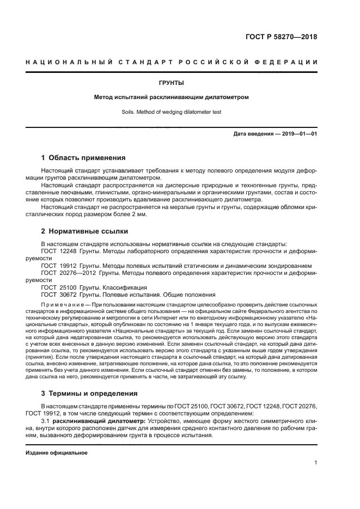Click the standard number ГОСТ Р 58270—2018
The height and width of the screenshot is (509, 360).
click(x=282, y=38)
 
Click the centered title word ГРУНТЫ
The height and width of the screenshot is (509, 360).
click(x=171, y=83)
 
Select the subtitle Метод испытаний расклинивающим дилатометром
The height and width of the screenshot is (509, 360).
click(x=171, y=97)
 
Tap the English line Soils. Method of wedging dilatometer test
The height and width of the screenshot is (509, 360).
click(x=171, y=113)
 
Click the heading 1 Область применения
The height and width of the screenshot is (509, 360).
click(x=83, y=158)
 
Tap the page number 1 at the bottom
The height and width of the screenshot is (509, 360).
click(x=315, y=463)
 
